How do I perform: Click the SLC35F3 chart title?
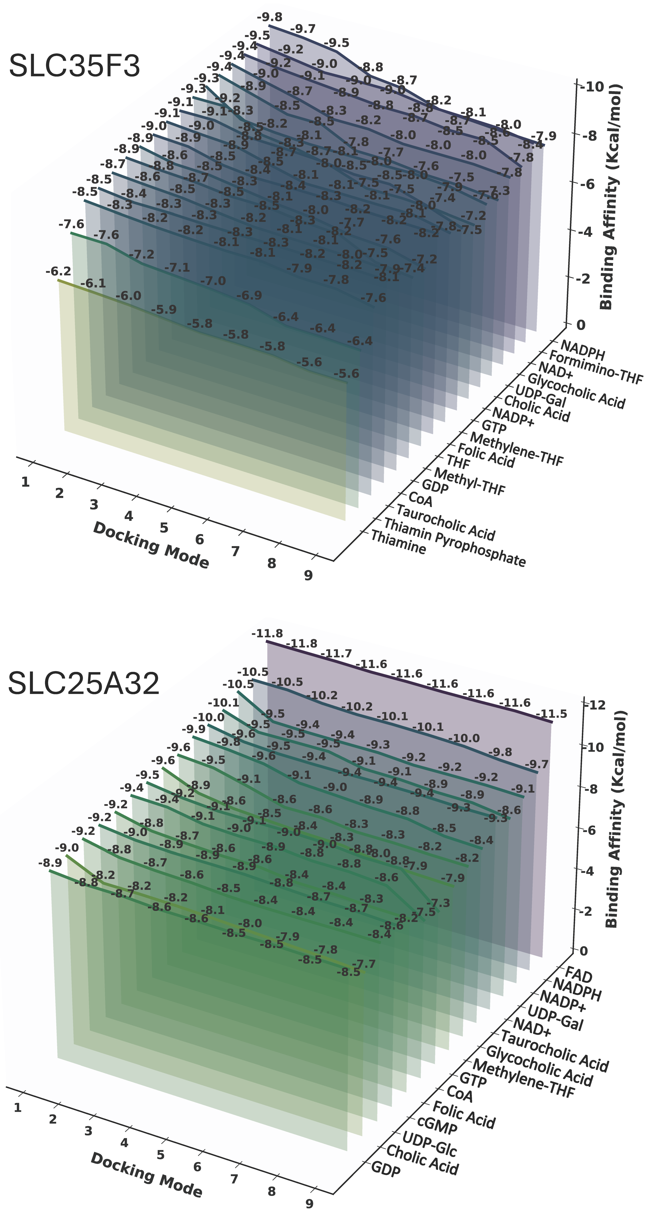pos(74,66)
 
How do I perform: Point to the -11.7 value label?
pos(336,653)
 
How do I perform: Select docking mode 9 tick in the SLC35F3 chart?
pos(308,575)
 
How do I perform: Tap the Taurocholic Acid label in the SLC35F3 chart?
pos(445,522)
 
